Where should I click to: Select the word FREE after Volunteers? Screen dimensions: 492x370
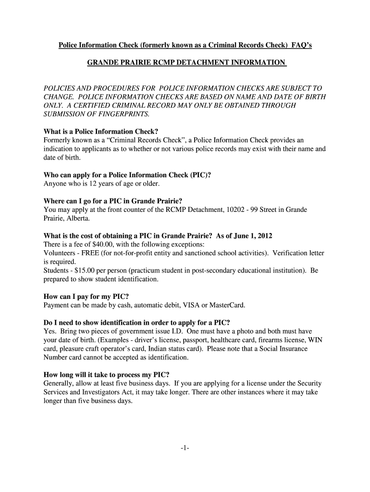(92, 253)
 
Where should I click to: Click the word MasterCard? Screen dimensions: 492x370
(226, 305)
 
